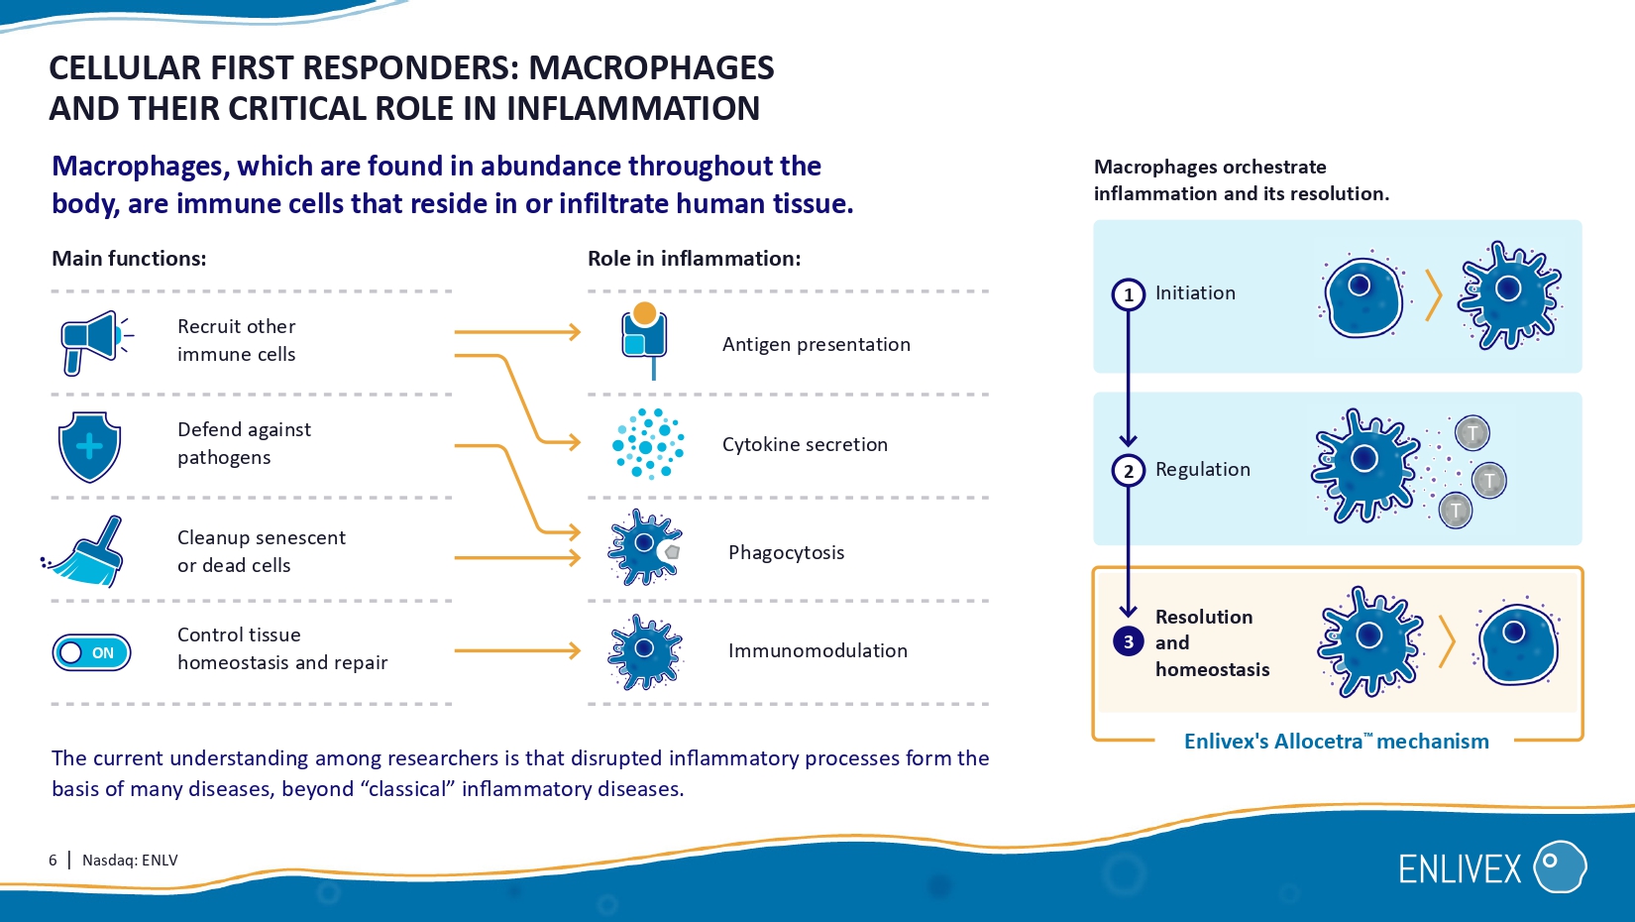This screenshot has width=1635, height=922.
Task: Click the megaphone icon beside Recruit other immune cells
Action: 92,341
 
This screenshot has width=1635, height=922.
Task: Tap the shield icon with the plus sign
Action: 89,446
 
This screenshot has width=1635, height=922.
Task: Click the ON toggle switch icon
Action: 91,652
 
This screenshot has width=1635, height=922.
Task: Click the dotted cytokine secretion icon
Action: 648,444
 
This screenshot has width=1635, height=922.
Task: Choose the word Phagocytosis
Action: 786,552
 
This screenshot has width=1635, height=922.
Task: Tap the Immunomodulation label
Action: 817,650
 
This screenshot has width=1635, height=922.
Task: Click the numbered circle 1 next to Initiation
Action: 1128,294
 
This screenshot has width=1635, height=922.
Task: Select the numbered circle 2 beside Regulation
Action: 1128,470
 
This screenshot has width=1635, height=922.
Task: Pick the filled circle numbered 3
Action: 1128,641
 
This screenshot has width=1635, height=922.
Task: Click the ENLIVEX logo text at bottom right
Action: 1460,869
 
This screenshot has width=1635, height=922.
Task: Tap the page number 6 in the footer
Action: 53,860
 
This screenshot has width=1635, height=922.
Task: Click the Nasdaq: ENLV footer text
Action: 130,860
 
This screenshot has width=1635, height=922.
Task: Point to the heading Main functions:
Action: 129,259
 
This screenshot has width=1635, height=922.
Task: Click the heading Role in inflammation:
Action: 694,259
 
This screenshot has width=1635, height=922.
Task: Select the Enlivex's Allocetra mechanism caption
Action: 1336,741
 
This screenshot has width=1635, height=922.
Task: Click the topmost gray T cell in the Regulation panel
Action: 1472,432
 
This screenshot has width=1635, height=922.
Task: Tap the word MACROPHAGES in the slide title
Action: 651,67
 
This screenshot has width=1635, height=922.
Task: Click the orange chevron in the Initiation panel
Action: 1433,295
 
